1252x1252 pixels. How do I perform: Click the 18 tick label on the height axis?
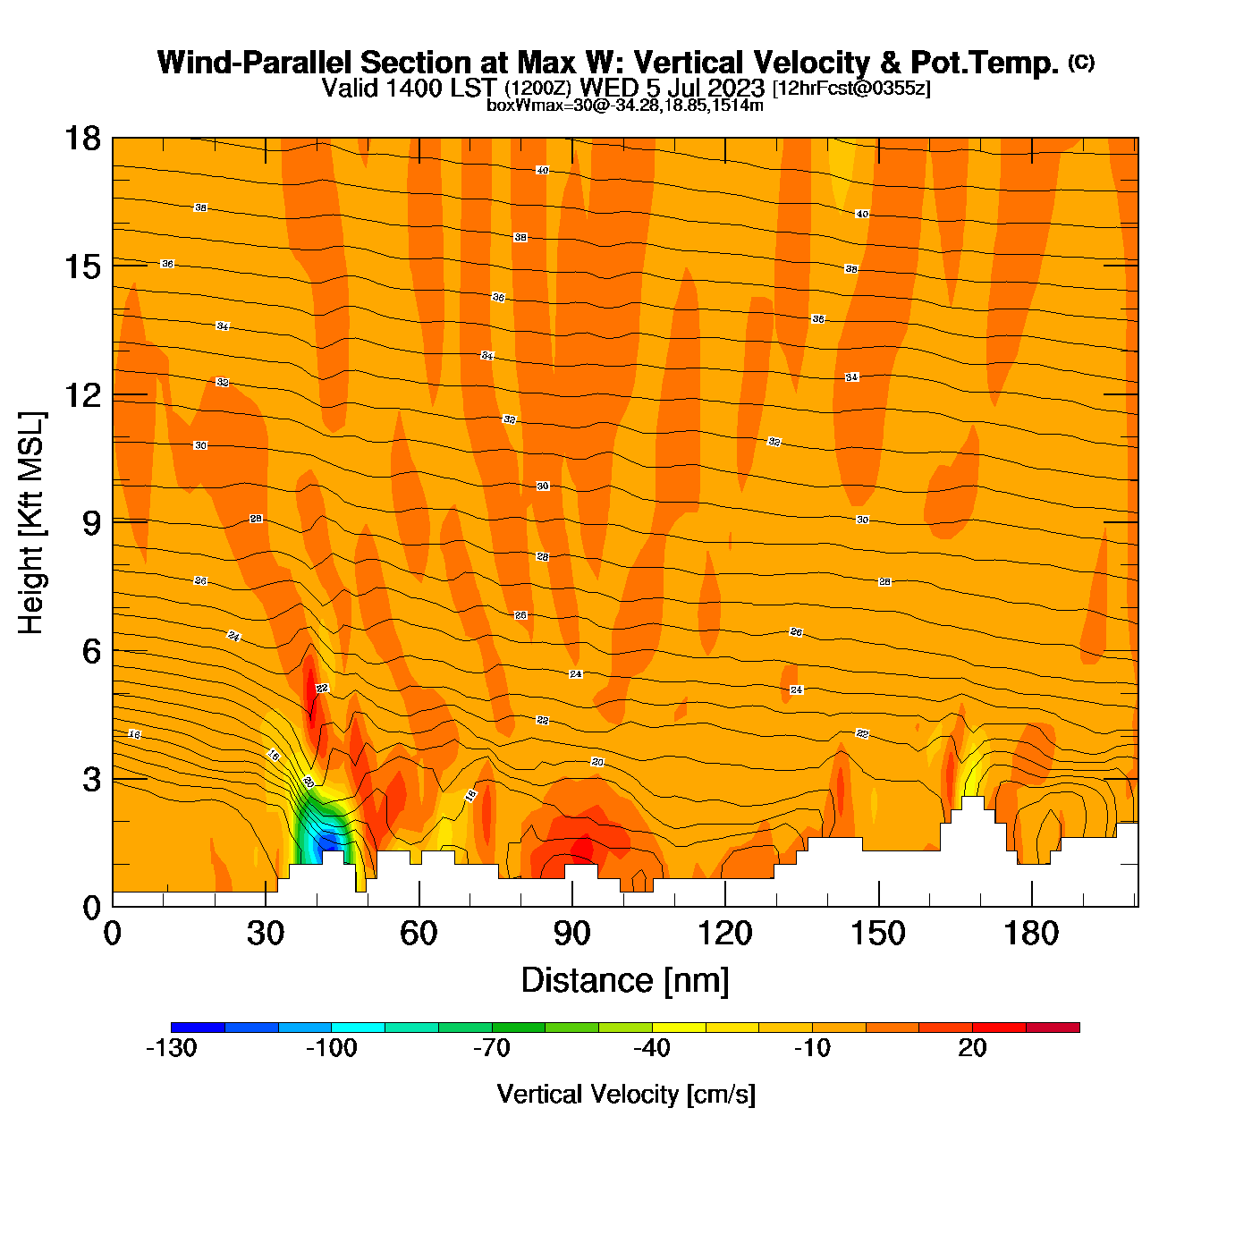[81, 140]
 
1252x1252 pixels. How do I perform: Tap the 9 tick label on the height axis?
[90, 523]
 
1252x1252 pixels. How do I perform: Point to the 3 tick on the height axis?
[90, 780]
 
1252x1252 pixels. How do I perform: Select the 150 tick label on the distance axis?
[877, 934]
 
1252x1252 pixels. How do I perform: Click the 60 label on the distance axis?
[419, 934]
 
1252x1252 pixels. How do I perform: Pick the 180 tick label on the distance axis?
[1031, 934]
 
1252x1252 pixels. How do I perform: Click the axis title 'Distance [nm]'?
[625, 980]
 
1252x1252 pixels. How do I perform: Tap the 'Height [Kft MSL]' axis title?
[31, 523]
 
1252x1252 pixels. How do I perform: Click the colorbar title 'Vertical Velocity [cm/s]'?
[626, 1094]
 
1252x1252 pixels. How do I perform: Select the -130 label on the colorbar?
[171, 1048]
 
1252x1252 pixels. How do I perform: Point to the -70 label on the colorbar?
[491, 1048]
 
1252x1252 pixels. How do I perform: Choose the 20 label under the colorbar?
[972, 1048]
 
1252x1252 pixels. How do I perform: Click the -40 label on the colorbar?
[652, 1048]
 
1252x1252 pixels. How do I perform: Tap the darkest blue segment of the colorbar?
[198, 1028]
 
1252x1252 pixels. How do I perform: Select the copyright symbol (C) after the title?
[1081, 62]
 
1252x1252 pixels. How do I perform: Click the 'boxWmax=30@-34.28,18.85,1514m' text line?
[625, 105]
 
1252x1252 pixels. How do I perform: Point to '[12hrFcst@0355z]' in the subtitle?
[851, 89]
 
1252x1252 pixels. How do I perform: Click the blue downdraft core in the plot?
[327, 841]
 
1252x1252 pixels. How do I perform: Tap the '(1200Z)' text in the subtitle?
[537, 89]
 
